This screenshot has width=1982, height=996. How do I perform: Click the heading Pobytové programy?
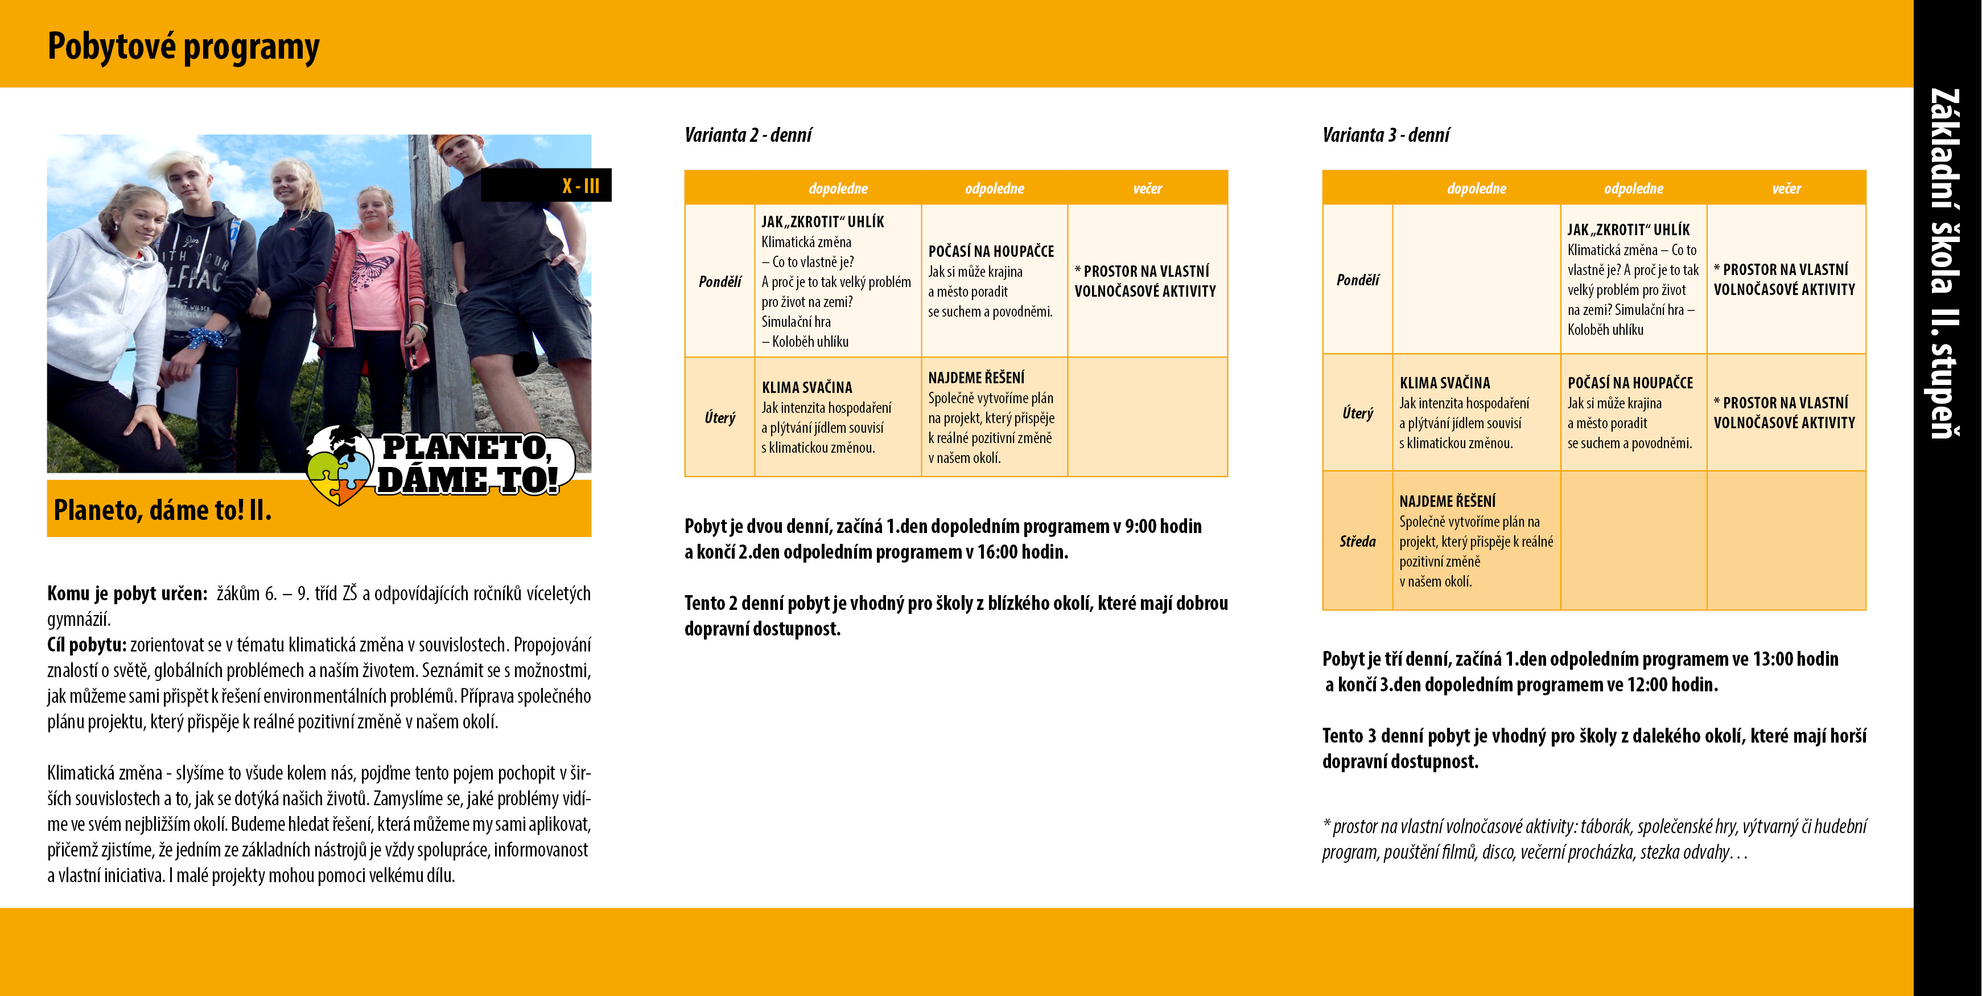(183, 46)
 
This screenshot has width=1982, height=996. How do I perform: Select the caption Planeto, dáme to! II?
(162, 510)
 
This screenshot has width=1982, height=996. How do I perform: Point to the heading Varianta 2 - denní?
(748, 136)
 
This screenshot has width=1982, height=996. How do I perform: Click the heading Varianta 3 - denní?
(1386, 136)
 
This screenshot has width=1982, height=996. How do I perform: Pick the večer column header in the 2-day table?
(1147, 188)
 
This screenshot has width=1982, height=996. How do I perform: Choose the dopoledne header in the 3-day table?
(1477, 188)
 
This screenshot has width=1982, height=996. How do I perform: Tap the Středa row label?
(1357, 541)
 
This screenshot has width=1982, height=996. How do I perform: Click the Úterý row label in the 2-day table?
(719, 417)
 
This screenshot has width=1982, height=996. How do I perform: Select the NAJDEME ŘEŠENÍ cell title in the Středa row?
(1447, 501)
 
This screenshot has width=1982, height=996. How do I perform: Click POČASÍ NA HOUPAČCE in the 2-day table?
(991, 252)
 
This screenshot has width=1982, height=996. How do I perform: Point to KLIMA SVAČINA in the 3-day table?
(1444, 383)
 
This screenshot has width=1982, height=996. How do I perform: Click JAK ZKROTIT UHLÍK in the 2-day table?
(822, 222)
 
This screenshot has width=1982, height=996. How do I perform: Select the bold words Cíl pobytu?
(86, 644)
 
